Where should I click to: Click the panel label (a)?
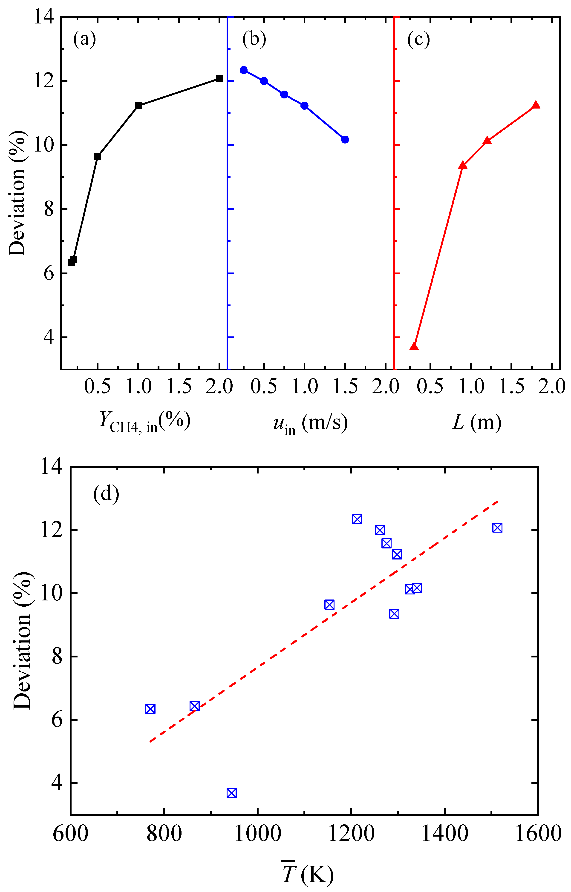(x=84, y=39)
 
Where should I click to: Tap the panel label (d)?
(x=106, y=493)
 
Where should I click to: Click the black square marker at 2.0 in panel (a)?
(x=219, y=79)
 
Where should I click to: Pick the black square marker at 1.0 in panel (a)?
(x=138, y=106)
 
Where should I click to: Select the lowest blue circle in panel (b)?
(x=345, y=139)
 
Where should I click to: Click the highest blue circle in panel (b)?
(x=244, y=70)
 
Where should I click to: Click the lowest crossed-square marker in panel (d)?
(x=231, y=793)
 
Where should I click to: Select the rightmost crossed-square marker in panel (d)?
(x=497, y=528)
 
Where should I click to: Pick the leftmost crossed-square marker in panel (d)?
(x=150, y=709)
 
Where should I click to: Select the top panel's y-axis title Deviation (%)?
(x=18, y=193)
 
